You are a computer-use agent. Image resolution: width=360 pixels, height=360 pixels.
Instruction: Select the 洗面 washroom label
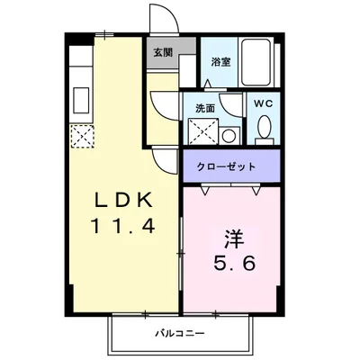click(204, 108)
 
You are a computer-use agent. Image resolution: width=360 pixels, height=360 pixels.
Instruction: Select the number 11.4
click(122, 226)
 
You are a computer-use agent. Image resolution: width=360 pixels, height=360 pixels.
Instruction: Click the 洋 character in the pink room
click(233, 240)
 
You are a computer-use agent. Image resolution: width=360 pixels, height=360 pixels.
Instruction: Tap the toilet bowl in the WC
click(264, 131)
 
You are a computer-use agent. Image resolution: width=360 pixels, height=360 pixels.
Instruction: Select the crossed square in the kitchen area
click(83, 136)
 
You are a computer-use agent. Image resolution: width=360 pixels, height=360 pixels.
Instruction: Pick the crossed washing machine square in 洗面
click(204, 132)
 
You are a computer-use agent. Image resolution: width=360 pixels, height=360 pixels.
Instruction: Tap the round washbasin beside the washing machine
click(229, 136)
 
